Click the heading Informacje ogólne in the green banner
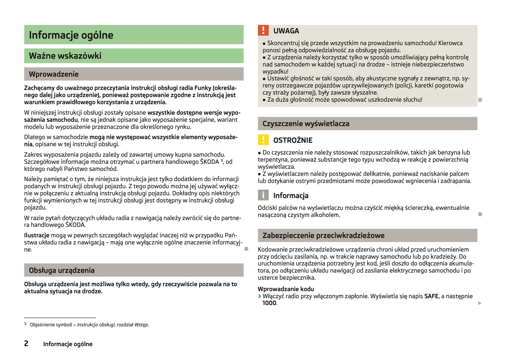(71, 35)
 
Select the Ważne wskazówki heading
(65, 56)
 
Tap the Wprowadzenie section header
(54, 74)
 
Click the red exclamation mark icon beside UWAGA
(263, 31)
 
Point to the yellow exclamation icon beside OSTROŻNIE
(263, 140)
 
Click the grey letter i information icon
(263, 195)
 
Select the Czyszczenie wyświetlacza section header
(306, 124)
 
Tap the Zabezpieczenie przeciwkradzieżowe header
(323, 236)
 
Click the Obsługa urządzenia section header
(62, 271)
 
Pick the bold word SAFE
(431, 296)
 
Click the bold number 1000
(269, 303)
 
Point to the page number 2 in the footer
(26, 343)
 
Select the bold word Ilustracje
(37, 235)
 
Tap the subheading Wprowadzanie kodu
(286, 289)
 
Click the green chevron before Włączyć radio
(260, 296)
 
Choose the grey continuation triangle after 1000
(480, 303)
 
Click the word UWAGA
(286, 31)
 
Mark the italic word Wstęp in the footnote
(141, 325)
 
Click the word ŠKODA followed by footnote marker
(210, 162)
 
